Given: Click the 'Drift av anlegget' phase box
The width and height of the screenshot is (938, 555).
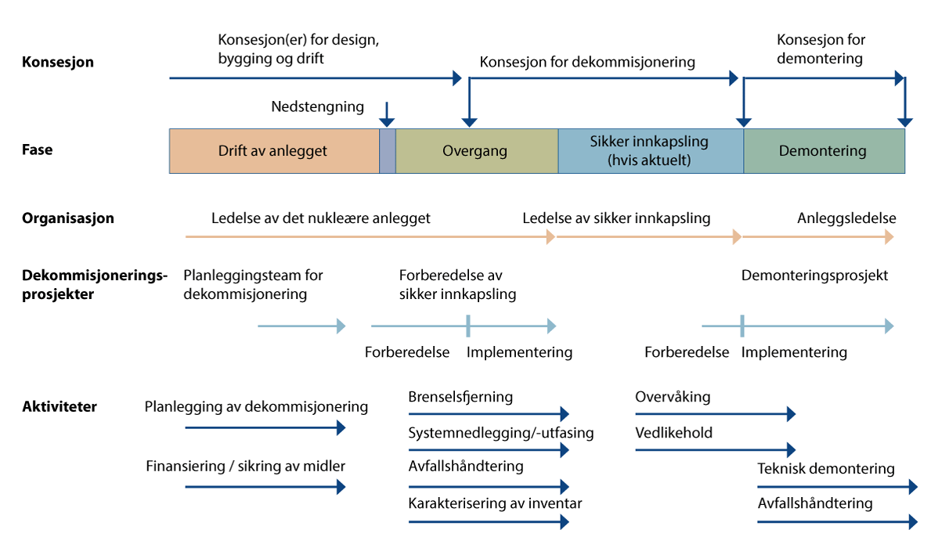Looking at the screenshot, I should click(273, 151).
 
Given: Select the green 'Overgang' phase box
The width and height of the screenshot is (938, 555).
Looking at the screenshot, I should click(475, 151).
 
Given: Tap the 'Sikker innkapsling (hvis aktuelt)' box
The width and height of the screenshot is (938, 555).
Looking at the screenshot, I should click(649, 151).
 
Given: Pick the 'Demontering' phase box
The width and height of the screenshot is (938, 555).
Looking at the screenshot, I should click(823, 151).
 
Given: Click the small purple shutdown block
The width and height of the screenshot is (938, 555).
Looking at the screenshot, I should click(388, 151).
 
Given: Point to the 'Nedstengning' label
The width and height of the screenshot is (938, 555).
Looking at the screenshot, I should click(318, 106).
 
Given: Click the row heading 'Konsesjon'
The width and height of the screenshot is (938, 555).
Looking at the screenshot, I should click(58, 62).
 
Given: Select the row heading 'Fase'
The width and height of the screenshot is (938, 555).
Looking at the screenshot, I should click(38, 149).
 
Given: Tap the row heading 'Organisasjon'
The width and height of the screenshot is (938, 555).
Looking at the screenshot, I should click(68, 218).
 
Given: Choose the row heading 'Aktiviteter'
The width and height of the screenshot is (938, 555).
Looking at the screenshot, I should click(60, 407).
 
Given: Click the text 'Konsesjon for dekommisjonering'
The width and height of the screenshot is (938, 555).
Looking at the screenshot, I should click(587, 62).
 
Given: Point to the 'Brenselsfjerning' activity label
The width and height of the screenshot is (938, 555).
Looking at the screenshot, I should click(460, 397).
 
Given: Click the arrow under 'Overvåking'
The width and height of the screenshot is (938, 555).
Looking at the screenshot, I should click(714, 414).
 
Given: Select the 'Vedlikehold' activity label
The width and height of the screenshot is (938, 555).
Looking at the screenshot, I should click(674, 433).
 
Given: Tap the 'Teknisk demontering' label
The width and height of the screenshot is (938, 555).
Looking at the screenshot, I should click(826, 469).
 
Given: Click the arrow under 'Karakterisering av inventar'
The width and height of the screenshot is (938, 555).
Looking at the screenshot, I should click(488, 522).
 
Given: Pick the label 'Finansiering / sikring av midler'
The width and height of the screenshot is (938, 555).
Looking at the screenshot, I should click(246, 467).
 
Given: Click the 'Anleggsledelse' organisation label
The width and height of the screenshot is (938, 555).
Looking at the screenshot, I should click(846, 218).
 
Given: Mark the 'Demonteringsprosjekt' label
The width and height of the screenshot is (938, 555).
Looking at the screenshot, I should click(814, 276).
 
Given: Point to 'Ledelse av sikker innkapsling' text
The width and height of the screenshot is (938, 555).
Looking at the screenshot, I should click(617, 218).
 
